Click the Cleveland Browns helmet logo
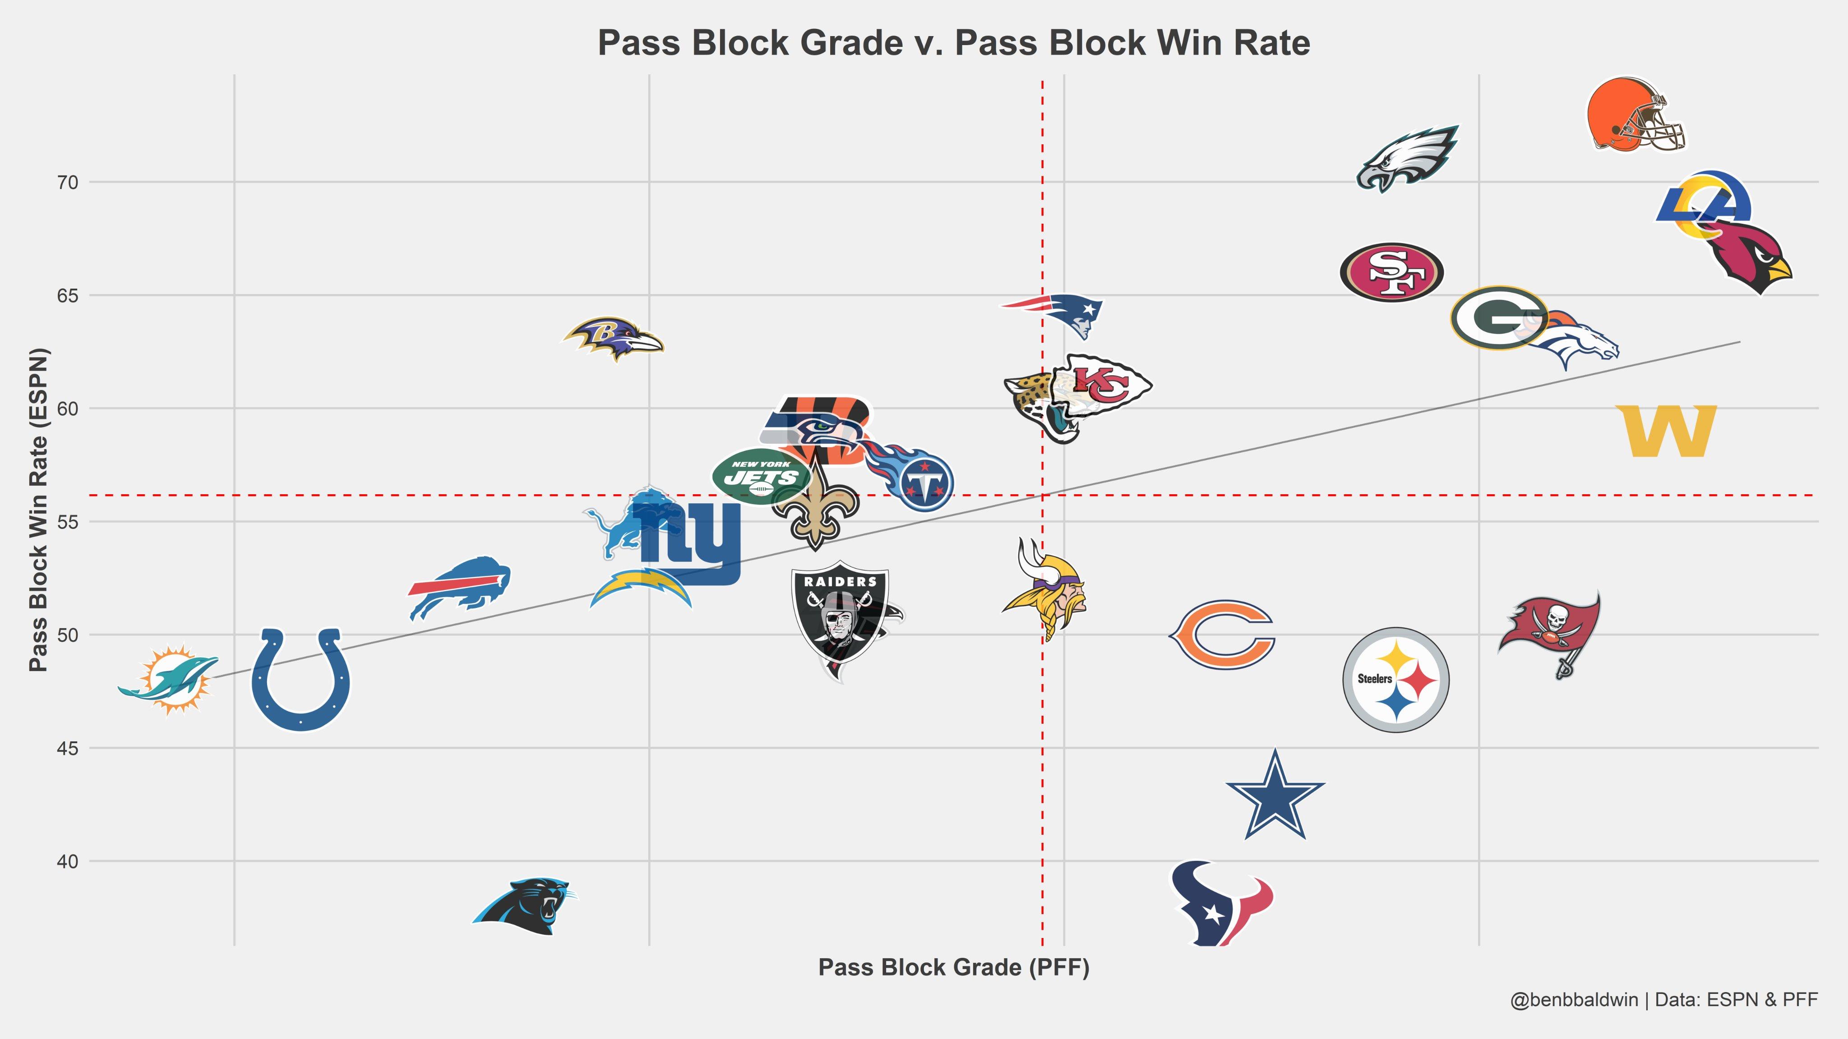[1634, 115]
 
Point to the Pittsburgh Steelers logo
[1395, 680]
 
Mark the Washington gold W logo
[1666, 431]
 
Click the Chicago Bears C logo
[1222, 634]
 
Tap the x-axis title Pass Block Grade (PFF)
[953, 967]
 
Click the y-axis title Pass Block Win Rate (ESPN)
[39, 510]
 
